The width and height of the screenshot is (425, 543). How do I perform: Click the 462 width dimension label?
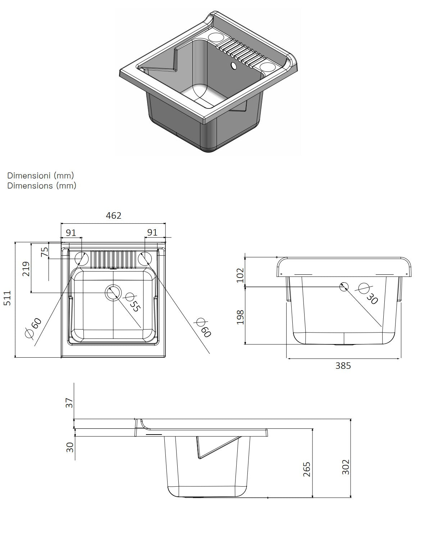114,215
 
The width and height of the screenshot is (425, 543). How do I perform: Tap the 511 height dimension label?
8,298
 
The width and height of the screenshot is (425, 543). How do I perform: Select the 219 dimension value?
26,269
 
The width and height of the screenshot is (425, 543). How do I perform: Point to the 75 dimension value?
44,252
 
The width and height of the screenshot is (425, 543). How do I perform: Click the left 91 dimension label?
71,232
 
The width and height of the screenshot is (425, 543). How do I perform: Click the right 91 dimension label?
152,232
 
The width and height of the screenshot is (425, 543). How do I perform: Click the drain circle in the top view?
113,292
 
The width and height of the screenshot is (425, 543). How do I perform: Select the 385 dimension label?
343,366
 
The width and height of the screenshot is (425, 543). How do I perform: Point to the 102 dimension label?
240,275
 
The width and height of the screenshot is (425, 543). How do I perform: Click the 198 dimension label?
240,317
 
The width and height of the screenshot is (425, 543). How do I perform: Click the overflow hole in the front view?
344,287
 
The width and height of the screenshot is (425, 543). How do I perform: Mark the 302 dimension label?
346,467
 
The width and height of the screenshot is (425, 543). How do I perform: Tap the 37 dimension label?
70,403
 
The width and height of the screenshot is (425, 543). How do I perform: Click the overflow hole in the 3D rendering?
234,66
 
